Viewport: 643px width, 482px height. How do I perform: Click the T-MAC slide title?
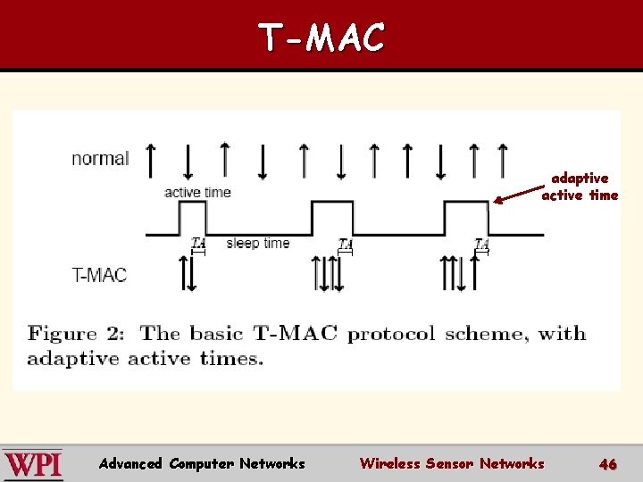click(321, 37)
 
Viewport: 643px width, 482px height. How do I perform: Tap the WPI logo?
click(33, 464)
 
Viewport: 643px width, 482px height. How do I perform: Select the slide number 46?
click(608, 464)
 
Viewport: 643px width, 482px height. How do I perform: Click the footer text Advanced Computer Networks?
click(202, 463)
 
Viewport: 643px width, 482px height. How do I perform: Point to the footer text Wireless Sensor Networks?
click(451, 463)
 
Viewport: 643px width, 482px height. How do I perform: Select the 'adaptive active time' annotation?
click(580, 187)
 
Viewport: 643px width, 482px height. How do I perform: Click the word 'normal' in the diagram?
click(100, 159)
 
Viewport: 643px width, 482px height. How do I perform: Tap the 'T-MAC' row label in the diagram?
click(99, 274)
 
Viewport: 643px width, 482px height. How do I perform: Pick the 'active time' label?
click(197, 192)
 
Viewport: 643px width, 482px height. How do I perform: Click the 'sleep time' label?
click(258, 243)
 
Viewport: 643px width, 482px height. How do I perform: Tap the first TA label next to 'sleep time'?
click(198, 243)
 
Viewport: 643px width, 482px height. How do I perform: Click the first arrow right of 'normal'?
click(150, 161)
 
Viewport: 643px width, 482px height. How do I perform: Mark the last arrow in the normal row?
click(502, 161)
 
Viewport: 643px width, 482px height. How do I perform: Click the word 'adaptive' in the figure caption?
click(73, 359)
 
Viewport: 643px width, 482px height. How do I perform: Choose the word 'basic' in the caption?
click(217, 335)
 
